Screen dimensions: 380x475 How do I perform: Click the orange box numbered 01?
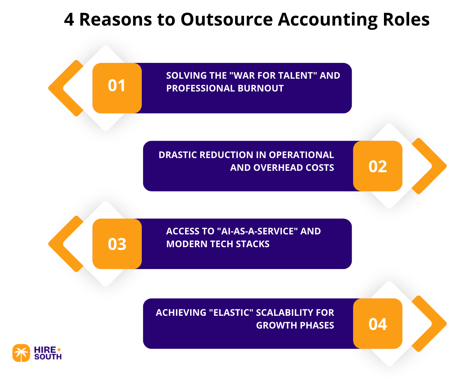tap(117, 88)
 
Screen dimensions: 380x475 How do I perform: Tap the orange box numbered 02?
tap(378, 166)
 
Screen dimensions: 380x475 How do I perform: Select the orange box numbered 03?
tap(117, 244)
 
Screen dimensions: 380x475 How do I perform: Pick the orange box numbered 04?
tap(378, 324)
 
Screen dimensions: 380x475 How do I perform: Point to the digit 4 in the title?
tap(69, 20)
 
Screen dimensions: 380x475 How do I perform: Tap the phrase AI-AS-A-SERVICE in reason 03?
tap(257, 231)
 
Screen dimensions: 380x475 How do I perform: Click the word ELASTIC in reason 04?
tap(231, 313)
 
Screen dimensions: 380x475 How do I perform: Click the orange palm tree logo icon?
tap(21, 353)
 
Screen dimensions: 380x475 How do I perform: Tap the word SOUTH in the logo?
tap(48, 357)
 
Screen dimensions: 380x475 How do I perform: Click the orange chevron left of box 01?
tap(64, 88)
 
